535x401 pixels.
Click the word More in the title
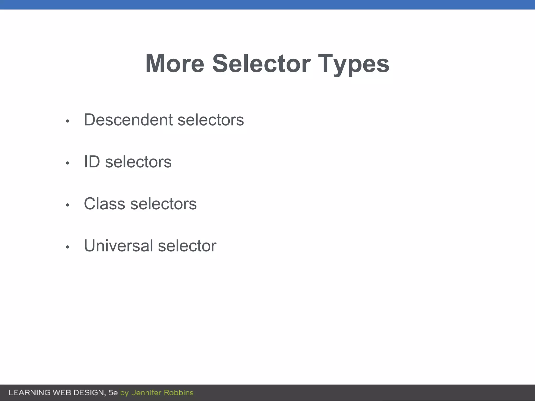(x=175, y=63)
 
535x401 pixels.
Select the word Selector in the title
(x=261, y=63)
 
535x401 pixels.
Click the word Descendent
(x=128, y=120)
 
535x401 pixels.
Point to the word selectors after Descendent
(x=211, y=120)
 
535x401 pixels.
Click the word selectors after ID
(x=138, y=162)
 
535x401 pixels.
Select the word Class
(x=104, y=204)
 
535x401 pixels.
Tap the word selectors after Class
(x=163, y=204)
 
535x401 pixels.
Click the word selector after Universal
(x=187, y=246)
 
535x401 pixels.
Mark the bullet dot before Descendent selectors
(x=68, y=121)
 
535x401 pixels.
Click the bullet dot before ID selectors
(x=68, y=163)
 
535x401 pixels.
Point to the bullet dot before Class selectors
(x=68, y=205)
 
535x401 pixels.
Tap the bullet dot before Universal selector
(x=68, y=247)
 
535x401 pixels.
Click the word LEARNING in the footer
(x=30, y=393)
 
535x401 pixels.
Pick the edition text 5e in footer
(x=113, y=393)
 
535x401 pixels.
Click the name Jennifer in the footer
(x=146, y=393)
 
